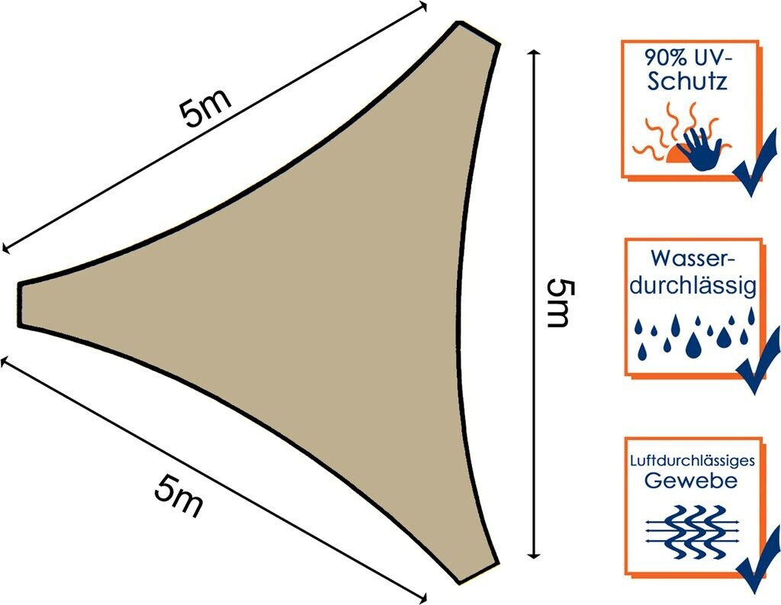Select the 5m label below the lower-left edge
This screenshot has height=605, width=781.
[178, 496]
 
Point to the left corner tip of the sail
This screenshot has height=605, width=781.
[21, 304]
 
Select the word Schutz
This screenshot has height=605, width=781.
[686, 82]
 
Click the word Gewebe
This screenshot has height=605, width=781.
[691, 481]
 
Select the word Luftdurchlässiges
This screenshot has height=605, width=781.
[692, 462]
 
